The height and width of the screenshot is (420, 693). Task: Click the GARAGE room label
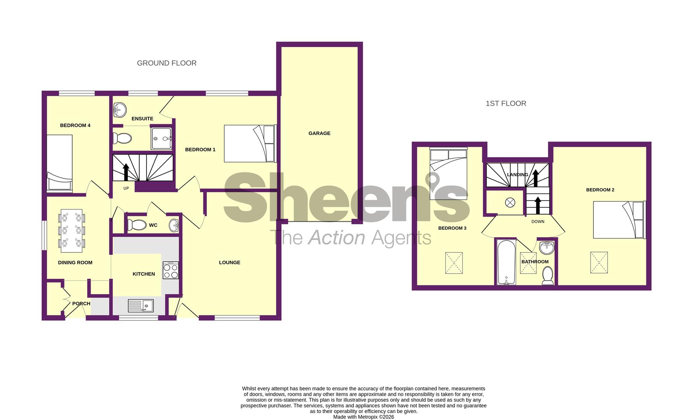click(319, 133)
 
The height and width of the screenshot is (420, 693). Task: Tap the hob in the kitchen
click(171, 270)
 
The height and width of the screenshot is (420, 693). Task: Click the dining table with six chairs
click(72, 229)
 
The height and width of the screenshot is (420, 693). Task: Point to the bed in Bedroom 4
click(59, 163)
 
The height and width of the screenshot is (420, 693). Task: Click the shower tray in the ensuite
click(161, 138)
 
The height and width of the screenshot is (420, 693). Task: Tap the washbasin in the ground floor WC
click(174, 225)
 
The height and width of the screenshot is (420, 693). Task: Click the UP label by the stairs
click(126, 188)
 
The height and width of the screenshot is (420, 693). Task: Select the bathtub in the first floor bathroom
click(506, 262)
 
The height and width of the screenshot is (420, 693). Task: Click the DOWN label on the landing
click(538, 222)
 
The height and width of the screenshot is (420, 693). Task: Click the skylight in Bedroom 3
click(454, 263)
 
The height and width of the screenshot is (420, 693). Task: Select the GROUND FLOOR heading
click(166, 63)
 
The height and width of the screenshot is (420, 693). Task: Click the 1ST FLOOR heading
click(506, 103)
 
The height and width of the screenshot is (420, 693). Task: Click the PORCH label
click(81, 304)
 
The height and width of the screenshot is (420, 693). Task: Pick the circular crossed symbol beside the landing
click(510, 203)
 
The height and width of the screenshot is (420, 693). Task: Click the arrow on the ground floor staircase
click(126, 171)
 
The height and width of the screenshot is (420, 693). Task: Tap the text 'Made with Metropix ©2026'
click(363, 417)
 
